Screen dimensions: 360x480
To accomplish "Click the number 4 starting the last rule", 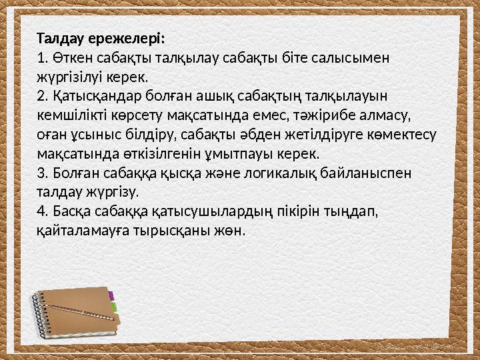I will (x=41, y=212).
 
